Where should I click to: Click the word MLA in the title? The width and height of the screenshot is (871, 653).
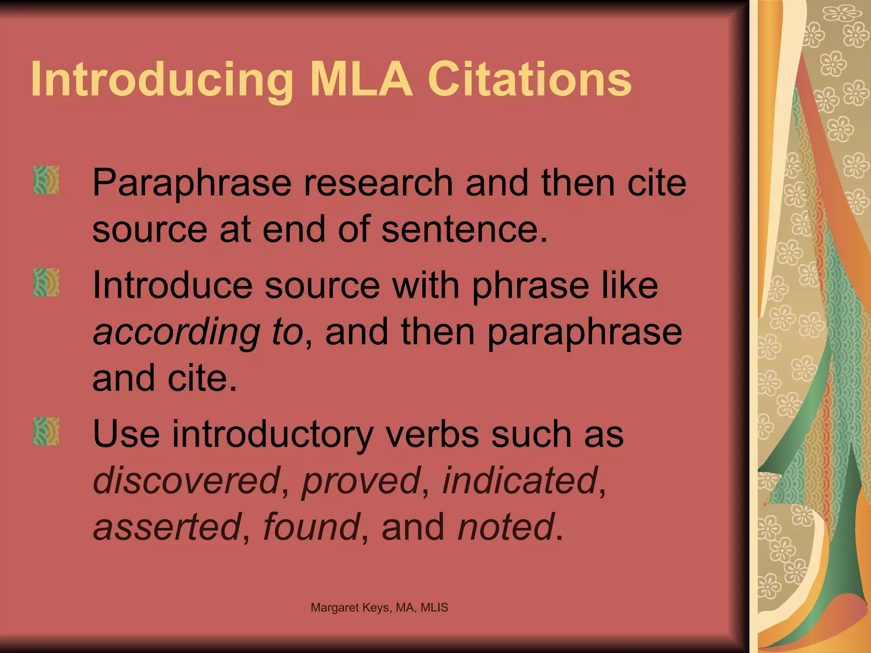361,79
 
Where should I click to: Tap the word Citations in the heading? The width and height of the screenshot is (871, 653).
529,79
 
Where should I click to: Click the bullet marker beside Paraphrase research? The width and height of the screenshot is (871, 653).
46,180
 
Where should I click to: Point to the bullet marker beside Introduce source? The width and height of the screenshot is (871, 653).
46,283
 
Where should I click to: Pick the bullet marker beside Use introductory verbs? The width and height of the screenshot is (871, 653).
46,431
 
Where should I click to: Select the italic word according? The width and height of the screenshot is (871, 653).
176,332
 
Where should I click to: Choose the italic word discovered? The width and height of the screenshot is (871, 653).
186,480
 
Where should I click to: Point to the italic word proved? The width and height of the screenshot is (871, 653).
361,480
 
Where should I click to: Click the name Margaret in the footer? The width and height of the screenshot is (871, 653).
335,608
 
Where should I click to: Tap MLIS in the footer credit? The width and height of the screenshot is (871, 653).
434,608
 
